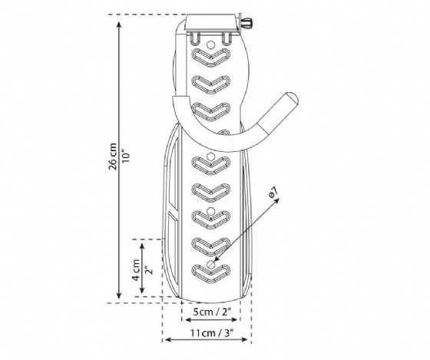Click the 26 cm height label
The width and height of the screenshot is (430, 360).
point(112,157)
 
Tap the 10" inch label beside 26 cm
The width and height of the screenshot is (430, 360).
point(126,157)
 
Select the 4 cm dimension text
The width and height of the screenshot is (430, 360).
point(136,270)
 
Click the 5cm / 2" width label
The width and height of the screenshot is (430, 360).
point(212,312)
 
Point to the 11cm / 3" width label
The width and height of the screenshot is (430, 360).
point(212,333)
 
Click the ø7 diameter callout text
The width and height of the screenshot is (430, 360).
point(273,192)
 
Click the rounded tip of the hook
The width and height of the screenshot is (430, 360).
point(292,98)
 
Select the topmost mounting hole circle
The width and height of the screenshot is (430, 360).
point(210,44)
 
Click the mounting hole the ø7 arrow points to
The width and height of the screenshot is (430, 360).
point(210,264)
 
